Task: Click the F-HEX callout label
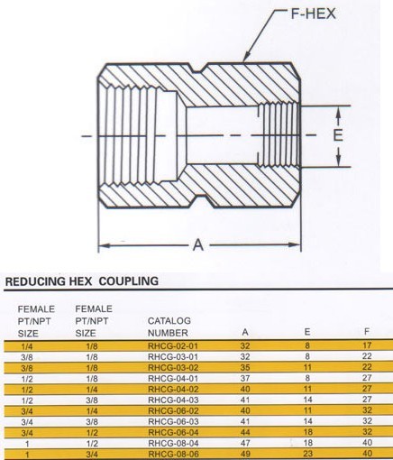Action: (313, 14)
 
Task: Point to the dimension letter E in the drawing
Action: (338, 135)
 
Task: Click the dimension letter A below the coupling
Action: (198, 244)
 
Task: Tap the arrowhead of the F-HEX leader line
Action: (246, 57)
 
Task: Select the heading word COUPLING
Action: (129, 281)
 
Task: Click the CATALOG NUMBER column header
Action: (169, 327)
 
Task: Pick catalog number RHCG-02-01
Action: (173, 346)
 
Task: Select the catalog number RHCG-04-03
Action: (173, 400)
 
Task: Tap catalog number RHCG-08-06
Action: (173, 454)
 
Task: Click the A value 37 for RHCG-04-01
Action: (245, 378)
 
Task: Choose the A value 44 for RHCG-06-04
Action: (245, 432)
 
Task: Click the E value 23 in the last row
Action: (307, 454)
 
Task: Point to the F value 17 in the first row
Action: (367, 345)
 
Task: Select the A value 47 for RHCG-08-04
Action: (245, 443)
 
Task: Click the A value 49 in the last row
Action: (245, 454)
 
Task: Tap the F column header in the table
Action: (367, 331)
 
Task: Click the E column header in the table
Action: (307, 332)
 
